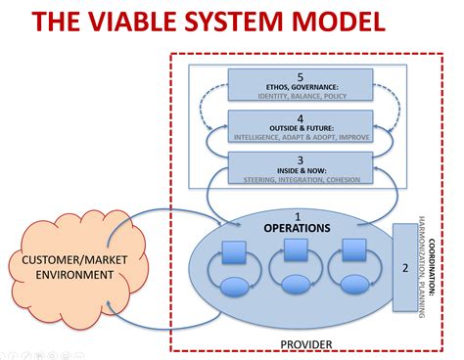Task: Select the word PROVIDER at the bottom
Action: coord(306,343)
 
